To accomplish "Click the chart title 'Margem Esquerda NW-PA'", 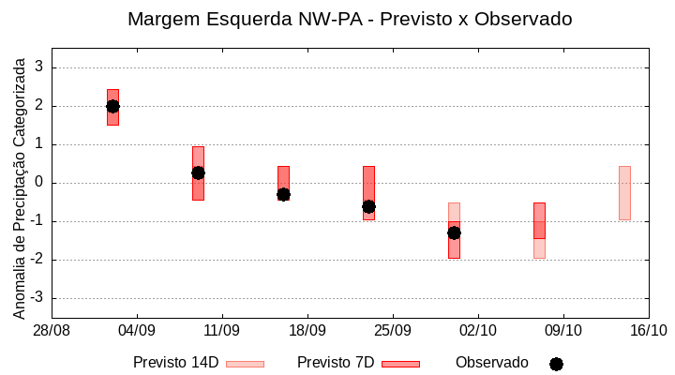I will pyautogui.click(x=349, y=19).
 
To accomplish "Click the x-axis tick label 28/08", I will pyautogui.click(x=52, y=330).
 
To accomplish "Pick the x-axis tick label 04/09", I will pyautogui.click(x=137, y=330).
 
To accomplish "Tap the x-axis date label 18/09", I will pyautogui.click(x=307, y=330).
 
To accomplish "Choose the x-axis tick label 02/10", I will pyautogui.click(x=477, y=330).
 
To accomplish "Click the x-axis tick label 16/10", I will pyautogui.click(x=648, y=330).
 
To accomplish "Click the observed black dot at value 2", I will pyautogui.click(x=112, y=106).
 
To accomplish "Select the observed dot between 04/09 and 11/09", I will pyautogui.click(x=198, y=172).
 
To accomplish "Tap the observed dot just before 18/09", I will pyautogui.click(x=283, y=194).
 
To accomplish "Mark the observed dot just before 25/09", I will pyautogui.click(x=368, y=206).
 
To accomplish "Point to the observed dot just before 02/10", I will pyautogui.click(x=454, y=232).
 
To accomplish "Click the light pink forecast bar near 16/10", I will pyautogui.click(x=624, y=193).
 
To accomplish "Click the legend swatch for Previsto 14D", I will pyautogui.click(x=245, y=364).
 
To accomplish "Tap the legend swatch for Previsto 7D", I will pyautogui.click(x=400, y=364).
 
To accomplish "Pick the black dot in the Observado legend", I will pyautogui.click(x=556, y=364).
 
